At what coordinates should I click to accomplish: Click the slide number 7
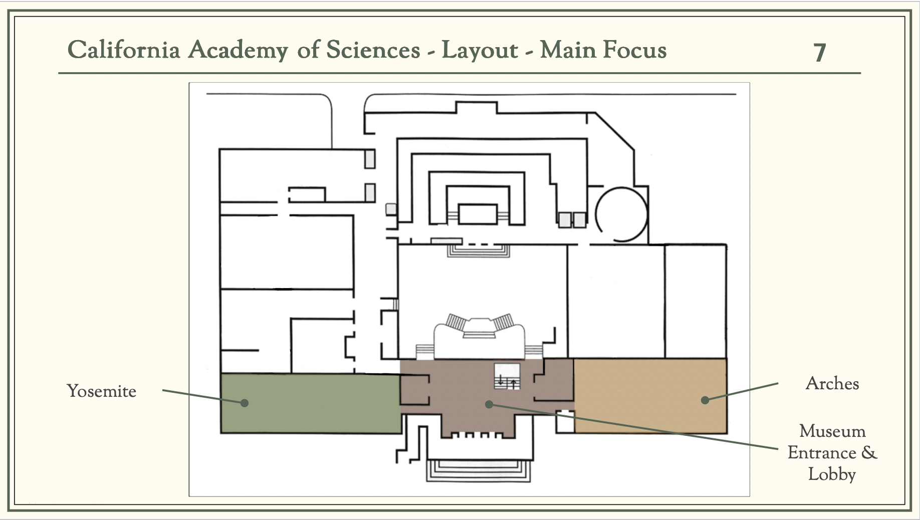[820, 53]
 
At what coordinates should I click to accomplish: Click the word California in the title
[123, 50]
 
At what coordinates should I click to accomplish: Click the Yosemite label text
[102, 391]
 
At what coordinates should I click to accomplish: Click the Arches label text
[832, 384]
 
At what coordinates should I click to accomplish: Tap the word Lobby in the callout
[832, 474]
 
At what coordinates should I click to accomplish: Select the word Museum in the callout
[832, 431]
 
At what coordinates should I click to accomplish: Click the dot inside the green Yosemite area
[244, 403]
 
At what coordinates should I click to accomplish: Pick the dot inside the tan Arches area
[705, 400]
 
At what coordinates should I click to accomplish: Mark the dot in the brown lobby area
[490, 404]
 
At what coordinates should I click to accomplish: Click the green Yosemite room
[311, 403]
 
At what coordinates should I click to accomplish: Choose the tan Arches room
[650, 396]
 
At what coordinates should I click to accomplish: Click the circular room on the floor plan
[621, 214]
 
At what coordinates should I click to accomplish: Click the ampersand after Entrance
[869, 453]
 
